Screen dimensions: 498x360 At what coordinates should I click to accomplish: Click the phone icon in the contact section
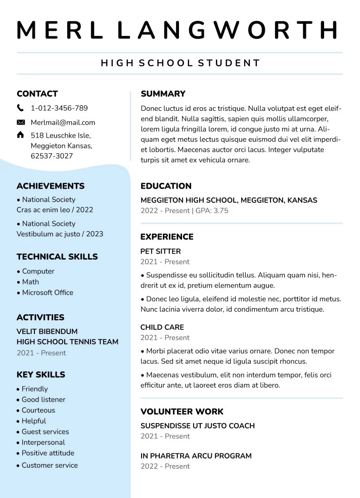[x=20, y=108]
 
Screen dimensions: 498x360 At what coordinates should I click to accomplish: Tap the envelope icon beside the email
[x=21, y=122]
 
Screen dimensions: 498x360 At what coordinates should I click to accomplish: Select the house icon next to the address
[x=20, y=135]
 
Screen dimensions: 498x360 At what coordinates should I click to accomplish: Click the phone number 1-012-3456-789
[x=59, y=108]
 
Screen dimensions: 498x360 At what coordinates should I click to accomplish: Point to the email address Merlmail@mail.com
[x=63, y=122]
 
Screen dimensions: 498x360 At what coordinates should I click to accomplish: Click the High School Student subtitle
[x=180, y=63]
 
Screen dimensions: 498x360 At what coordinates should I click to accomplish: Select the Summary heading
[x=163, y=94]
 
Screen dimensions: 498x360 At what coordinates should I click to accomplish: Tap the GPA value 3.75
[x=220, y=211]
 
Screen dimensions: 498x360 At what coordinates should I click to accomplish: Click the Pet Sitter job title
[x=160, y=251]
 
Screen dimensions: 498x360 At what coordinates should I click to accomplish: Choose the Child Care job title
[x=162, y=327]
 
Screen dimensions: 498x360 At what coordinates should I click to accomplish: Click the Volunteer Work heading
[x=182, y=411]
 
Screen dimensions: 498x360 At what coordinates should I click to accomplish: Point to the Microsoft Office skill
[x=48, y=293]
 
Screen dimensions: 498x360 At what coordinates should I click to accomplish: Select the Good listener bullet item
[x=43, y=399]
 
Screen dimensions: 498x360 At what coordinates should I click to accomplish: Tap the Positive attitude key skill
[x=48, y=453]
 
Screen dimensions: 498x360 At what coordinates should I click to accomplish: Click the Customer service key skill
[x=50, y=465]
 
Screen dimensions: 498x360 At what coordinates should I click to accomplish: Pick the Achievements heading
[x=51, y=186]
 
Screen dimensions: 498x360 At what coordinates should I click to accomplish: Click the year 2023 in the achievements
[x=95, y=234]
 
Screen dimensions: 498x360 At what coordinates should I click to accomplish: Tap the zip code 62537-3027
[x=52, y=156]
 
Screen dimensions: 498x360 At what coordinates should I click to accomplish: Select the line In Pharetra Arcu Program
[x=196, y=455]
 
